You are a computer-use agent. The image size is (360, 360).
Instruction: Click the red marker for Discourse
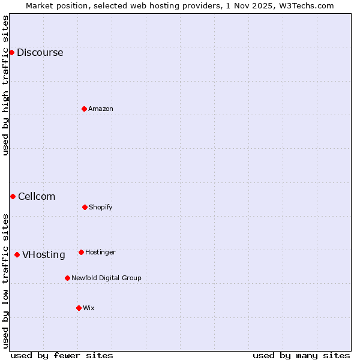(11, 52)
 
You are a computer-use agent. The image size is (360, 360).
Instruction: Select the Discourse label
(40, 52)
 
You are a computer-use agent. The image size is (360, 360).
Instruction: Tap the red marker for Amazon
(84, 109)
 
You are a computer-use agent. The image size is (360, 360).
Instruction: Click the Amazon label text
(101, 109)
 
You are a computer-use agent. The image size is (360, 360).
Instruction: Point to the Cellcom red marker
(13, 196)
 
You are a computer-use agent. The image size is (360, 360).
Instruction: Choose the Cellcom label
(37, 196)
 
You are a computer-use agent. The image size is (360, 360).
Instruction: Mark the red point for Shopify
(85, 207)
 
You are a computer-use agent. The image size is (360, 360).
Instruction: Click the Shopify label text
(101, 207)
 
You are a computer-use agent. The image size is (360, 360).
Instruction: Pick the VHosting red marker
(17, 254)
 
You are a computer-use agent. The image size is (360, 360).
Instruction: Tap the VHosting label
(44, 254)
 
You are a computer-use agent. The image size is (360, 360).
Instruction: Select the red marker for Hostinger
(81, 252)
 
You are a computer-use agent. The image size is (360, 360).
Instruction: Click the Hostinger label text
(100, 252)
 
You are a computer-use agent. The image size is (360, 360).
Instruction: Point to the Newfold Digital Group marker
(67, 278)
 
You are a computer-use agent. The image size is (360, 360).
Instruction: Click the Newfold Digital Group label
(106, 278)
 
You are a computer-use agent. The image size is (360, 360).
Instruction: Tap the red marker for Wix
(79, 308)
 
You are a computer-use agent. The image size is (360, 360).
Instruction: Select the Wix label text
(89, 308)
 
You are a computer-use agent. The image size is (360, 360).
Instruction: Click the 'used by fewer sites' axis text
(62, 355)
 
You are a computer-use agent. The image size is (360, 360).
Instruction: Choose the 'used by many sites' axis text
(301, 355)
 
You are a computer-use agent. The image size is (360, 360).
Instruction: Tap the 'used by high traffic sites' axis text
(5, 85)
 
